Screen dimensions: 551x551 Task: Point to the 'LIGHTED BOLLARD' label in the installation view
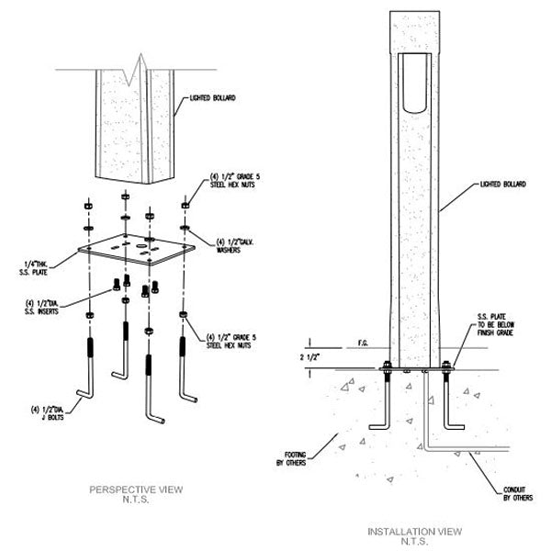point(502,185)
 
